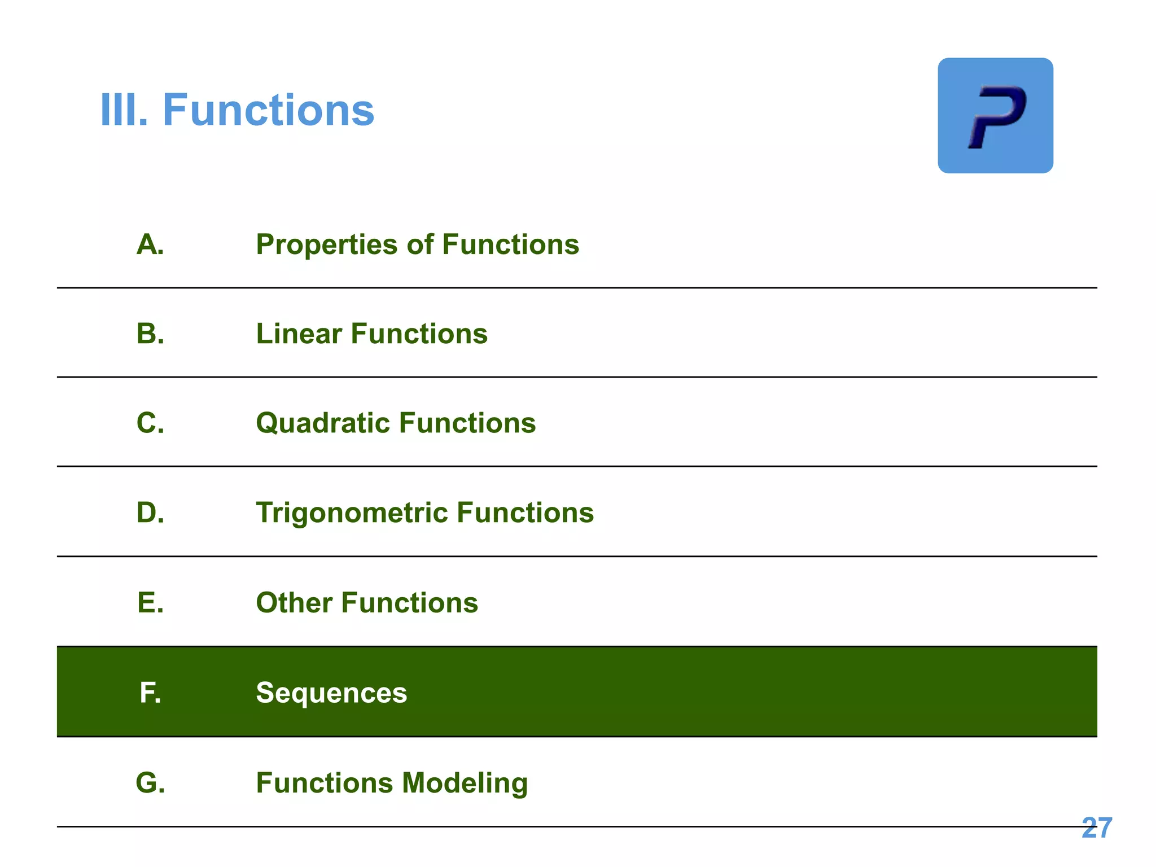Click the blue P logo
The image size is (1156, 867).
click(x=995, y=116)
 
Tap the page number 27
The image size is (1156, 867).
click(x=1097, y=828)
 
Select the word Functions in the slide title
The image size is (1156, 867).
click(x=268, y=110)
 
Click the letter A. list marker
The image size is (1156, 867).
click(x=150, y=245)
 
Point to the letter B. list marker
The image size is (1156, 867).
click(x=150, y=334)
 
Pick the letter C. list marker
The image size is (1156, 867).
click(x=150, y=423)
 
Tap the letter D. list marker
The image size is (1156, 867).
click(x=150, y=513)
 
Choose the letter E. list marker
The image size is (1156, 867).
click(x=150, y=602)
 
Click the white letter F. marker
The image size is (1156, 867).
click(x=150, y=693)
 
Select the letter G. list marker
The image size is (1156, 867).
click(x=150, y=783)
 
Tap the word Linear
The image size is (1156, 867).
click(x=299, y=334)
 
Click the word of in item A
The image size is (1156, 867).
click(x=420, y=245)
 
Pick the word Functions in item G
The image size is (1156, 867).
click(x=325, y=783)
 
